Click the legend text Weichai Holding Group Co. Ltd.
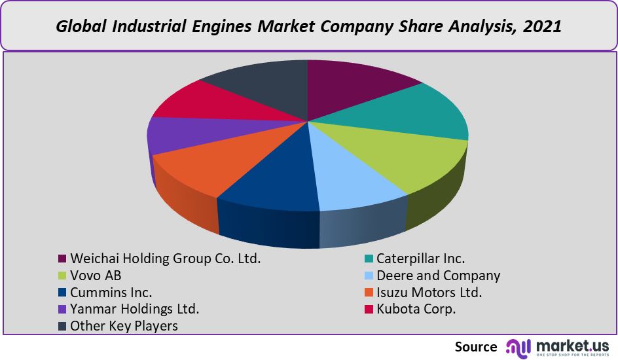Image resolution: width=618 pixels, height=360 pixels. click(x=165, y=259)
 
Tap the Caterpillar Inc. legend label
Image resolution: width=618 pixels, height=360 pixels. click(x=420, y=259)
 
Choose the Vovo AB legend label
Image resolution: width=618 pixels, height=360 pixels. click(x=96, y=276)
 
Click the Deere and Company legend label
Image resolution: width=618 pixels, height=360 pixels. click(x=438, y=276)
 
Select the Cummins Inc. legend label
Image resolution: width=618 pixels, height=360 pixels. click(x=111, y=293)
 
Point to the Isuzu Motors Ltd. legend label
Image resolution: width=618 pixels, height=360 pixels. click(x=429, y=293)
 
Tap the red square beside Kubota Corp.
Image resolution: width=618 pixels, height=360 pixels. click(x=368, y=310)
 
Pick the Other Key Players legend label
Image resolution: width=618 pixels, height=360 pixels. click(x=124, y=326)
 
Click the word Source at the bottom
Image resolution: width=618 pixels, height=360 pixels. click(x=476, y=346)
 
